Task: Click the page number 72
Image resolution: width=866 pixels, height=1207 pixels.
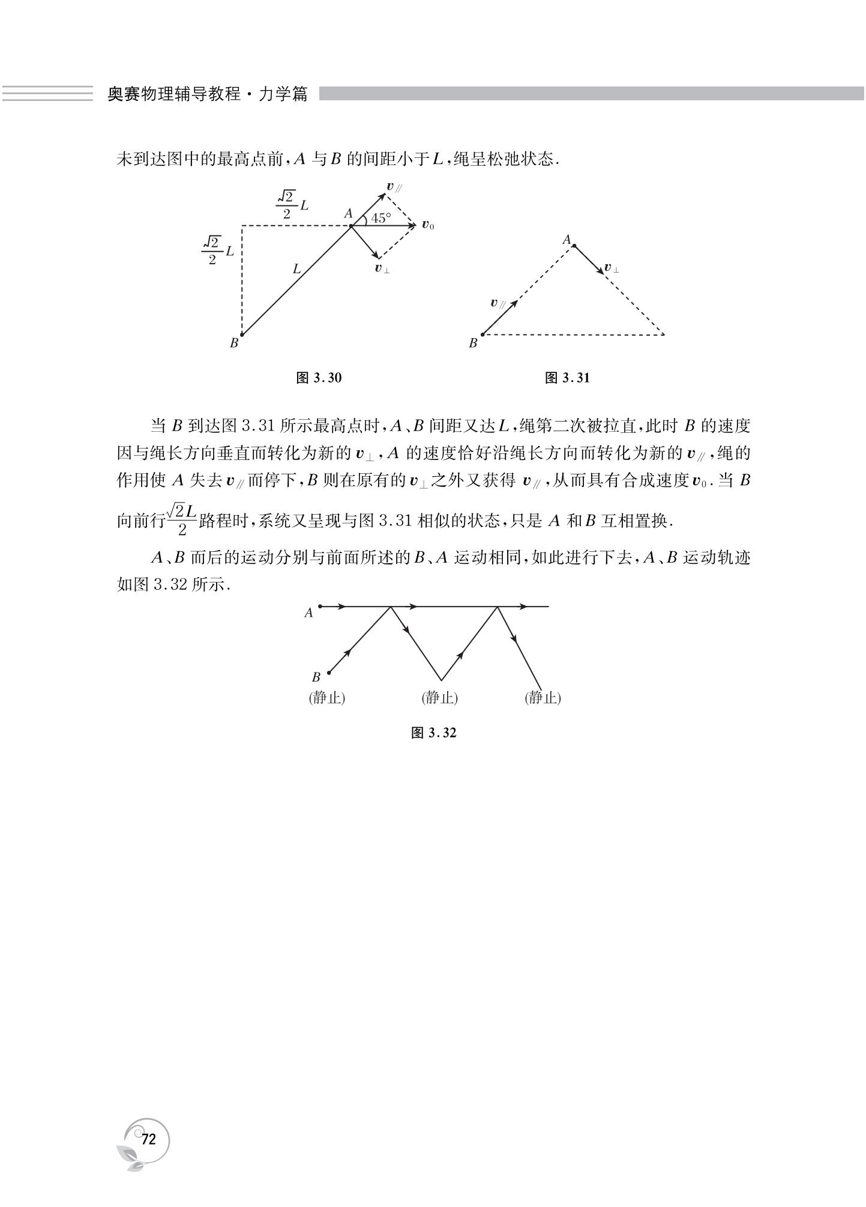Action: pyautogui.click(x=148, y=1139)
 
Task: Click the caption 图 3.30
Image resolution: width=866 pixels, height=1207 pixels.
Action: pyautogui.click(x=319, y=378)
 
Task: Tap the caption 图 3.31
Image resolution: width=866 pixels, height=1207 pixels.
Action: pyautogui.click(x=567, y=378)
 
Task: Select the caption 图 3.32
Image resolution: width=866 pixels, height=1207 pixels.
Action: pyautogui.click(x=433, y=733)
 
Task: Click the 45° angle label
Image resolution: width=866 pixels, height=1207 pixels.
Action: pyautogui.click(x=380, y=219)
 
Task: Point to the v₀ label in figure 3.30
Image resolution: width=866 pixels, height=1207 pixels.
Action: pyautogui.click(x=427, y=225)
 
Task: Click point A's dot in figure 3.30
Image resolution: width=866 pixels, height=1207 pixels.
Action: pyautogui.click(x=351, y=226)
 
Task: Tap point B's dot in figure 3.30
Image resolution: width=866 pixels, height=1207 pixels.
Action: pyautogui.click(x=242, y=335)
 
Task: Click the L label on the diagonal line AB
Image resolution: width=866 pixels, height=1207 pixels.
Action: pyautogui.click(x=296, y=270)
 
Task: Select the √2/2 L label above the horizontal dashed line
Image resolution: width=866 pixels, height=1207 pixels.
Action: pyautogui.click(x=292, y=204)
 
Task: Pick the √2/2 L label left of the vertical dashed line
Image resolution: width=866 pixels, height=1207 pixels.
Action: pyautogui.click(x=217, y=250)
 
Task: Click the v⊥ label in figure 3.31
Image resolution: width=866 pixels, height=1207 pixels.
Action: pyautogui.click(x=612, y=268)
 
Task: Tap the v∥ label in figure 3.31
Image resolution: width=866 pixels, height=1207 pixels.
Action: pyautogui.click(x=498, y=303)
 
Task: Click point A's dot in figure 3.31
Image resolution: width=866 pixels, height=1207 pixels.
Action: pyautogui.click(x=574, y=246)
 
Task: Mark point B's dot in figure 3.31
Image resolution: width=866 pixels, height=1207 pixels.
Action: pyautogui.click(x=483, y=334)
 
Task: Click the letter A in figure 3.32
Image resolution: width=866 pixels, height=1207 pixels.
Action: pyautogui.click(x=309, y=613)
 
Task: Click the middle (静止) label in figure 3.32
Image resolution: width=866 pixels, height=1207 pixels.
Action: pyautogui.click(x=440, y=698)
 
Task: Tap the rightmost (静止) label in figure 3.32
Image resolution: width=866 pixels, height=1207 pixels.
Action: pyautogui.click(x=543, y=698)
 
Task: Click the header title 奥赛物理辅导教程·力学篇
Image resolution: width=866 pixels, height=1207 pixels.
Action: pyautogui.click(x=207, y=94)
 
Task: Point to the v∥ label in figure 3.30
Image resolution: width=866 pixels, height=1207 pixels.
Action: pyautogui.click(x=394, y=187)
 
